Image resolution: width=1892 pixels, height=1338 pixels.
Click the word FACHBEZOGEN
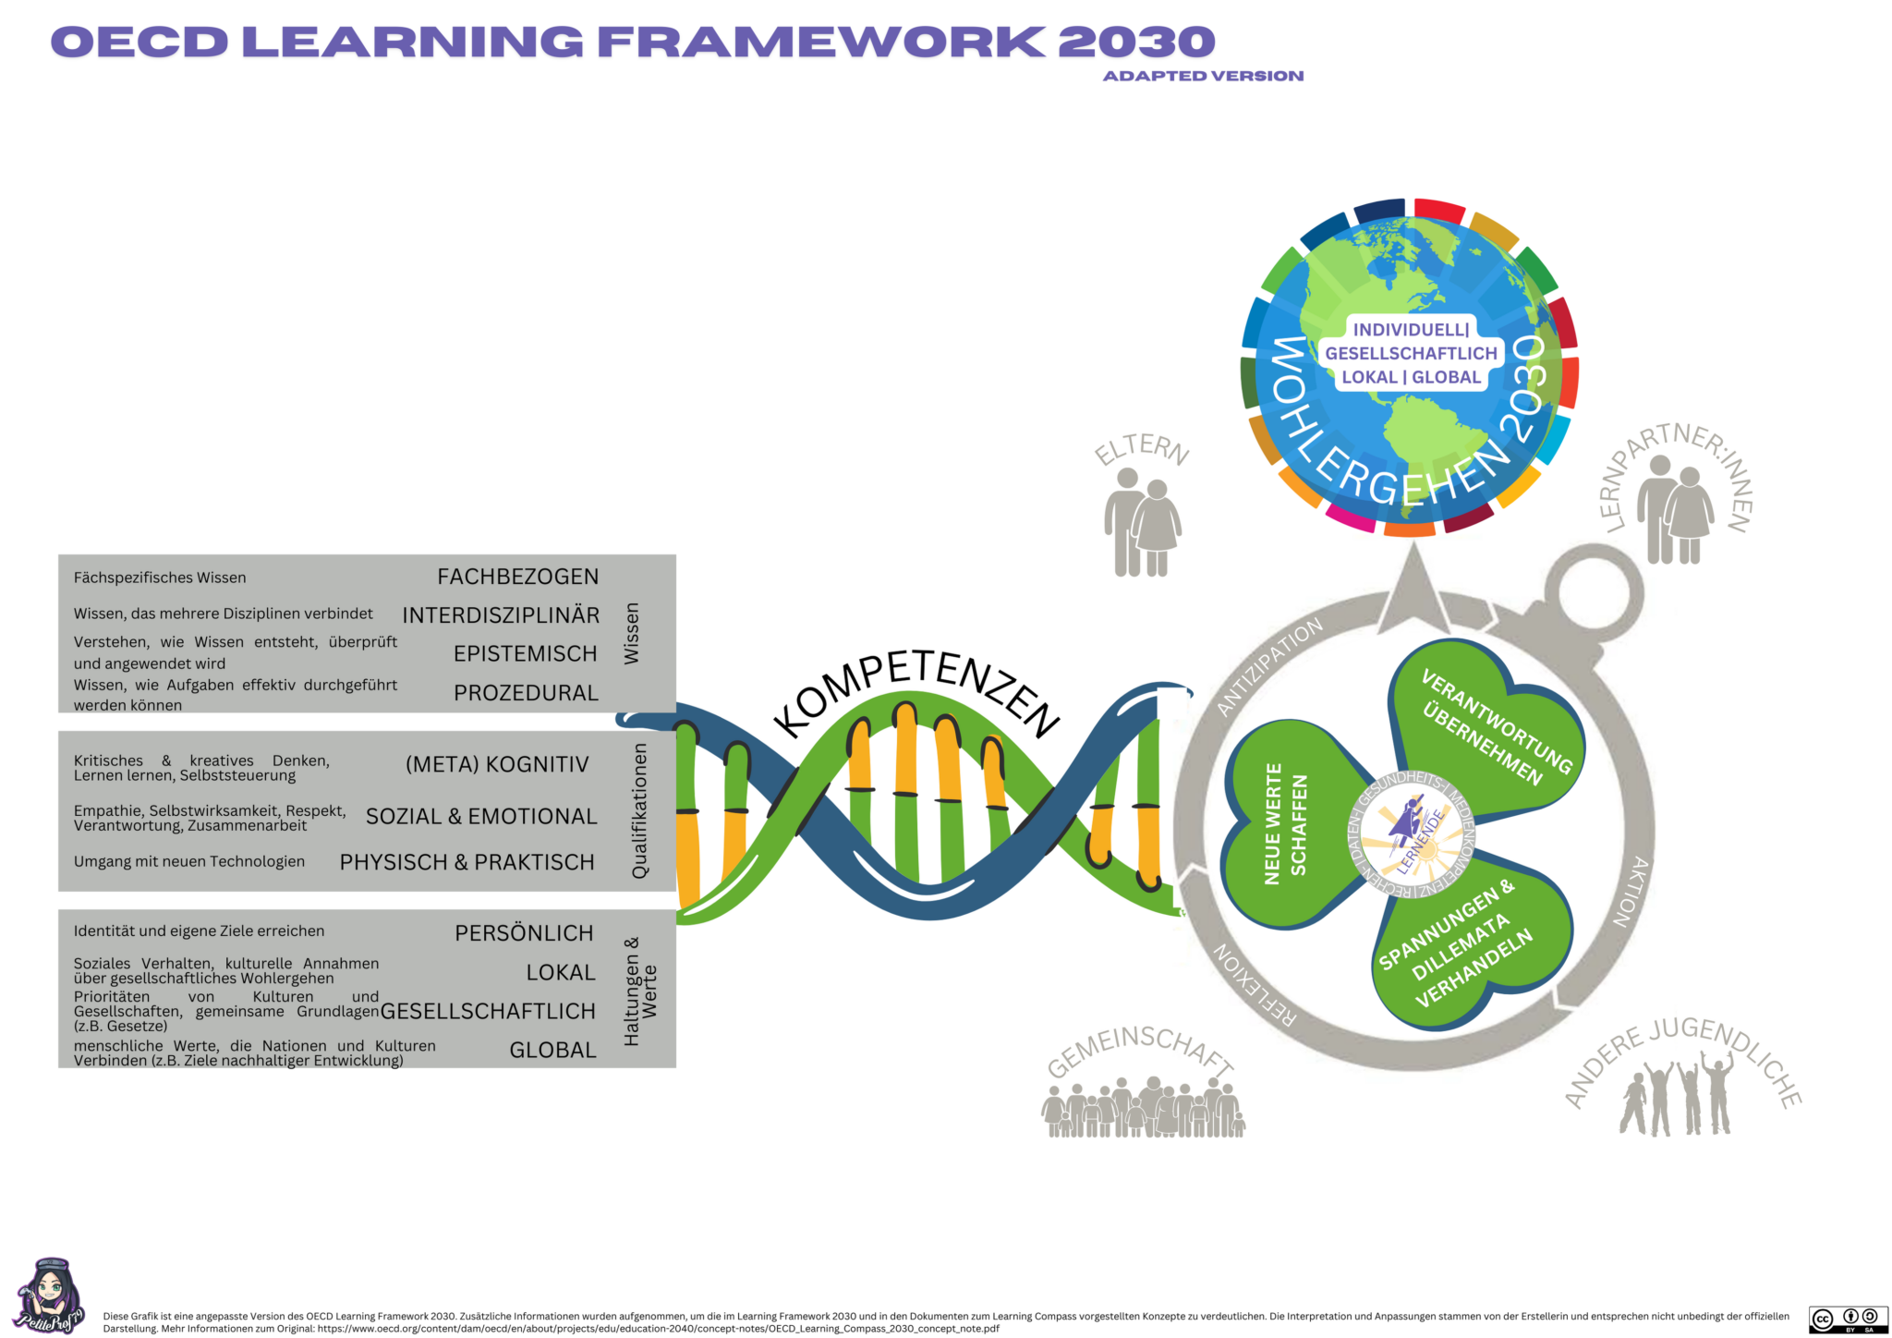(x=517, y=577)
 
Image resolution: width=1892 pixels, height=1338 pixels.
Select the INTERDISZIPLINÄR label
(x=501, y=615)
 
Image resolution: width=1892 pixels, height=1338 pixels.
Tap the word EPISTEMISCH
(x=525, y=654)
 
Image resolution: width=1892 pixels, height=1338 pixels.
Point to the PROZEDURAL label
(x=526, y=693)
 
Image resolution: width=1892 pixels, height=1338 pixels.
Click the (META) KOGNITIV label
(x=497, y=764)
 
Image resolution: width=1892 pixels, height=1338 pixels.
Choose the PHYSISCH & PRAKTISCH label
(x=467, y=862)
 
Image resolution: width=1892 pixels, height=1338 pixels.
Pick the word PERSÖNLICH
(x=524, y=933)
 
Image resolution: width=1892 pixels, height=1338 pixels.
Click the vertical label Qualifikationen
(x=639, y=811)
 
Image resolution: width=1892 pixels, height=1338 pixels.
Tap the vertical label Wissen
(x=632, y=634)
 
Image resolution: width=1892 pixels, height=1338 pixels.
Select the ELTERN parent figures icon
(x=1142, y=523)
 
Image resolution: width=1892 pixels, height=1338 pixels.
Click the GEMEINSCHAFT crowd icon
(x=1143, y=1107)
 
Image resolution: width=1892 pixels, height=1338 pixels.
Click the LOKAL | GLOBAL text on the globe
(x=1411, y=377)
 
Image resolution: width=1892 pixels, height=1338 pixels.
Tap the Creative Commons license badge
(x=1848, y=1320)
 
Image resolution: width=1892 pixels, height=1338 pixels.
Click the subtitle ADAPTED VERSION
(x=1203, y=76)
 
